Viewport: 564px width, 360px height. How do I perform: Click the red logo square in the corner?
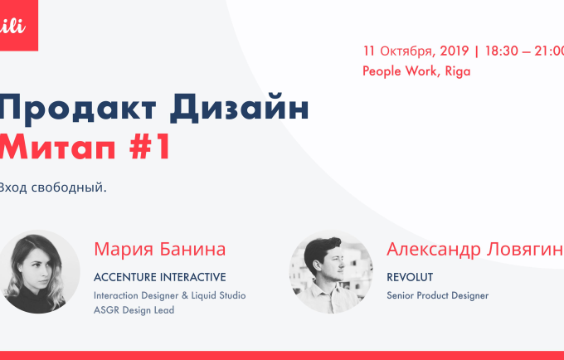pyautogui.click(x=19, y=25)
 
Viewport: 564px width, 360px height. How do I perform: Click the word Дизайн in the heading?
pyautogui.click(x=239, y=106)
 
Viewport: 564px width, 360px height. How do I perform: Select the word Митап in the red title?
pyautogui.click(x=57, y=147)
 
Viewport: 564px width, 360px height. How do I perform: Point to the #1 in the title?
pyautogui.click(x=150, y=146)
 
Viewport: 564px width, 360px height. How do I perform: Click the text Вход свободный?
pyautogui.click(x=53, y=187)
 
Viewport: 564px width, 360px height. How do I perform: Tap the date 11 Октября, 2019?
pyautogui.click(x=416, y=51)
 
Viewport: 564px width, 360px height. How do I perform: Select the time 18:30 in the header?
pyautogui.click(x=502, y=51)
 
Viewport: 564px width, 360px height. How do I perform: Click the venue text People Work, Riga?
pyautogui.click(x=416, y=71)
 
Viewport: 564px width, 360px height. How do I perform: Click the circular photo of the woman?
pyautogui.click(x=38, y=271)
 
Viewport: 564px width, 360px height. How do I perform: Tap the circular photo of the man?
pyautogui.click(x=331, y=271)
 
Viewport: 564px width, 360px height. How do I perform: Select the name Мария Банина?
pyautogui.click(x=160, y=249)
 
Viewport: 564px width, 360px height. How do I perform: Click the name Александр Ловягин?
pyautogui.click(x=474, y=249)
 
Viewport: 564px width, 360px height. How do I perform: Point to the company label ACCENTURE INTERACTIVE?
pyautogui.click(x=160, y=277)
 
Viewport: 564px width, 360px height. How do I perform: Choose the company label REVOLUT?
pyautogui.click(x=410, y=277)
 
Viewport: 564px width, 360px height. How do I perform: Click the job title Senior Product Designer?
pyautogui.click(x=437, y=295)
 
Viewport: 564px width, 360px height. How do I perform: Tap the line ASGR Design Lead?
pyautogui.click(x=134, y=310)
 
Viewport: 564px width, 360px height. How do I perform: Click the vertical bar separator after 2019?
pyautogui.click(x=477, y=51)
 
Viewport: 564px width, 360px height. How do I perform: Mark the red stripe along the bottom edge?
pyautogui.click(x=282, y=356)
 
